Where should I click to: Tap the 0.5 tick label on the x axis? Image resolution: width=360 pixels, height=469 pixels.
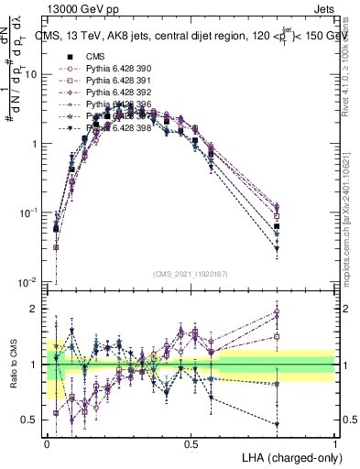click(191, 443)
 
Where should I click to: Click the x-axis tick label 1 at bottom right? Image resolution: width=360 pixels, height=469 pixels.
click(335, 443)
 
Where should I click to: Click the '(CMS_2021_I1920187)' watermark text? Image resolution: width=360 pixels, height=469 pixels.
click(191, 272)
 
